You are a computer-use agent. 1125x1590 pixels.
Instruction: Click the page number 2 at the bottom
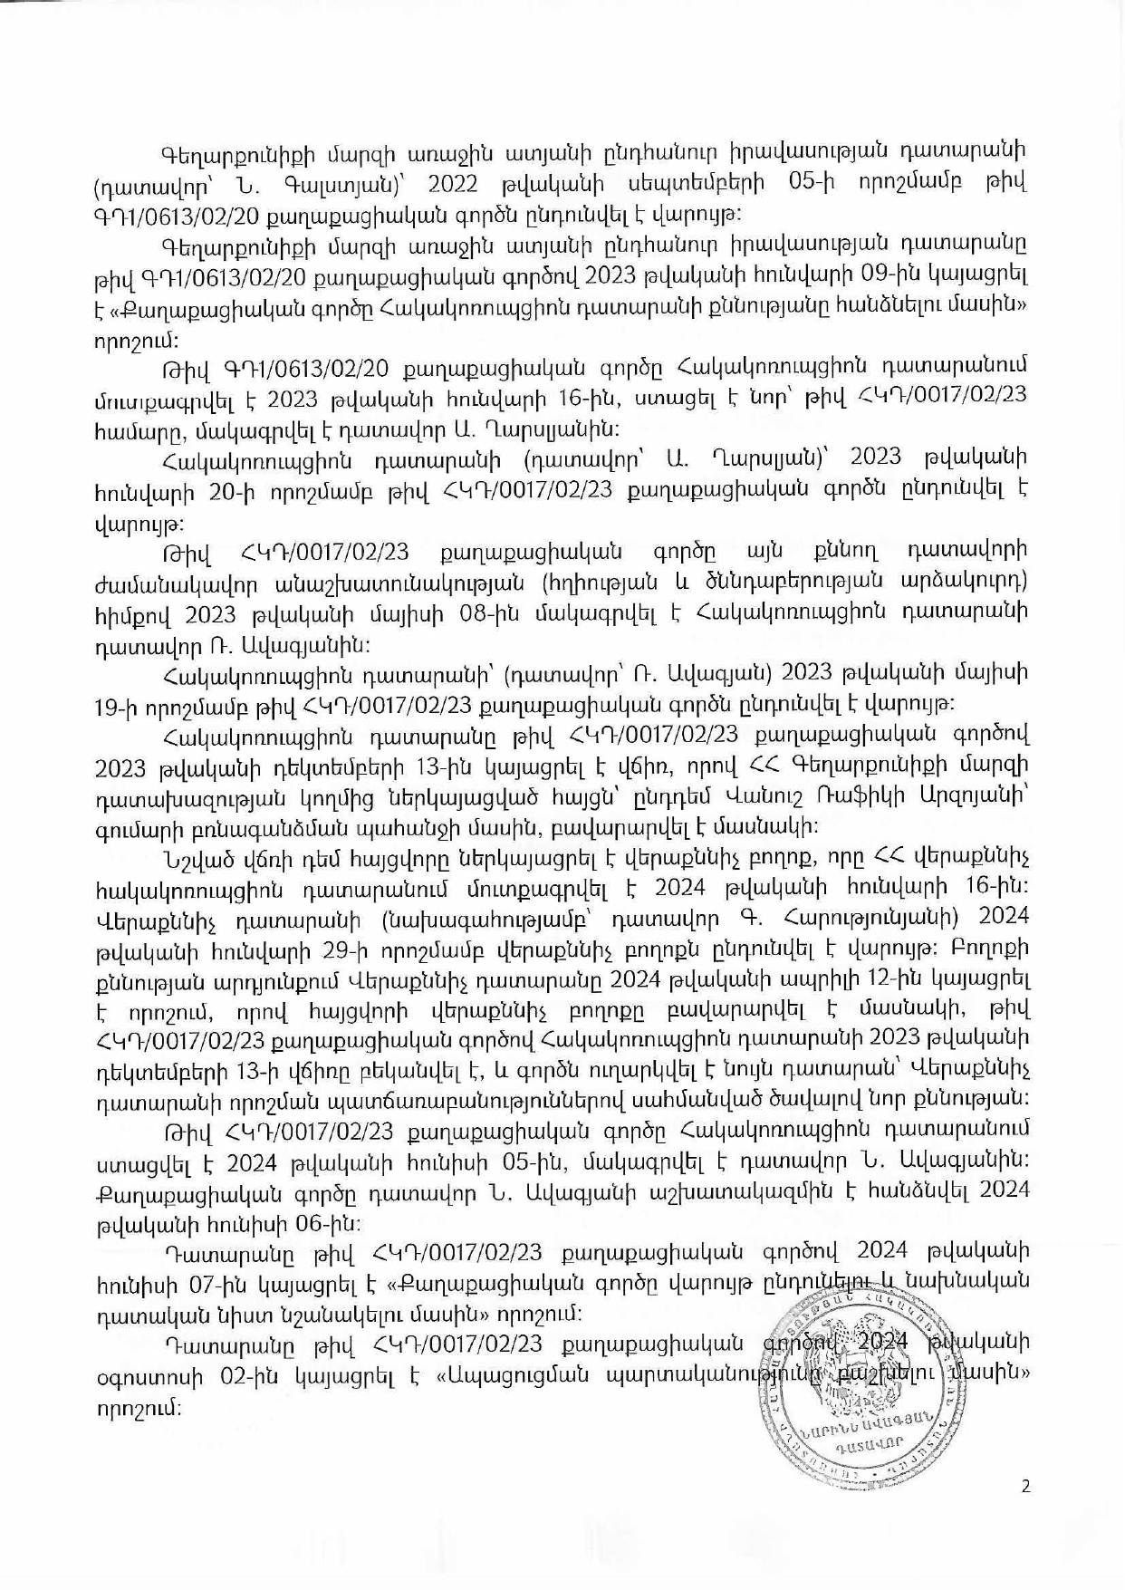click(1025, 1487)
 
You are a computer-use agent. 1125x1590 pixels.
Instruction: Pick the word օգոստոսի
click(146, 1376)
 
